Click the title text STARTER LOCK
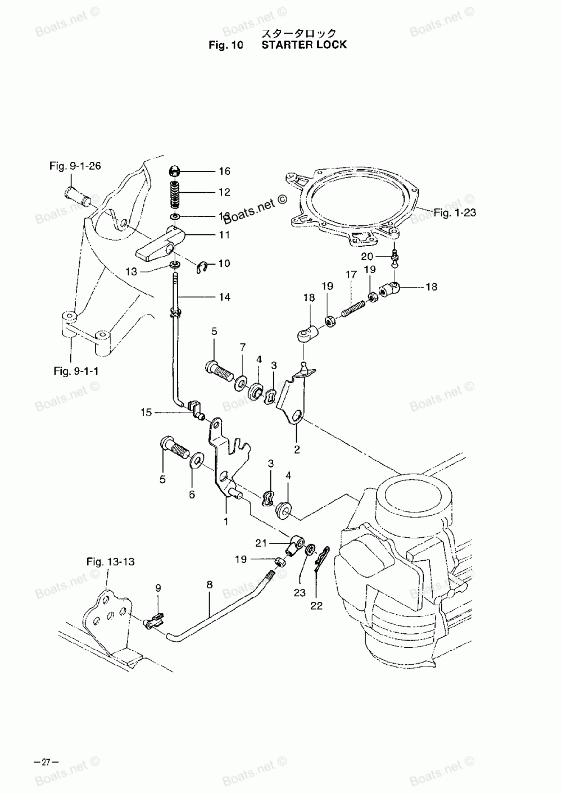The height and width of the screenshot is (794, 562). tap(304, 44)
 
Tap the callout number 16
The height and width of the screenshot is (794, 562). tap(224, 171)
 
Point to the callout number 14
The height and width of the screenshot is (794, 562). tap(224, 297)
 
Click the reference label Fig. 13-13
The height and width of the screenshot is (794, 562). tap(110, 561)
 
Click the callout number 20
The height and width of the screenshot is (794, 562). tap(368, 257)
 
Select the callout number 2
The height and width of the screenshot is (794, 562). tap(297, 449)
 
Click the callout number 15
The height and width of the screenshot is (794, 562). tap(146, 413)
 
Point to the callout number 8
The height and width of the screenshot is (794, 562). tap(209, 585)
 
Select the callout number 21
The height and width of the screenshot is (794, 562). tap(260, 543)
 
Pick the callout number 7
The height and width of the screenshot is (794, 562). tap(242, 347)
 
